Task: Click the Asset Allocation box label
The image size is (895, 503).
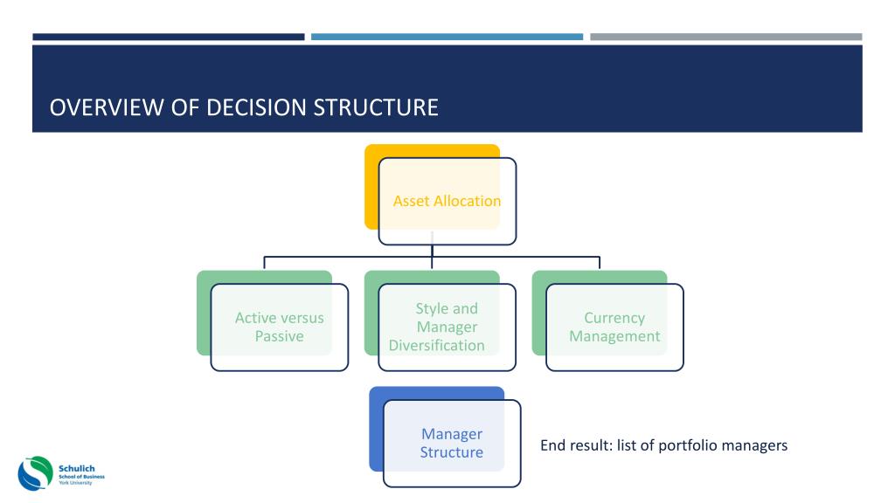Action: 447,201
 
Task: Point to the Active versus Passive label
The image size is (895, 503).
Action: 279,327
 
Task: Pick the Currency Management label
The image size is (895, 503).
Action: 614,327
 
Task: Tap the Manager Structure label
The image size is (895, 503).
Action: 451,443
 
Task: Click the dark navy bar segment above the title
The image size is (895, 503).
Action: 168,37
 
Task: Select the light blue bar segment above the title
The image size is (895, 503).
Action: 447,37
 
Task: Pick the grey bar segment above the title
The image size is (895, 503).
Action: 725,37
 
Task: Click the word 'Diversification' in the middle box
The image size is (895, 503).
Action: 437,345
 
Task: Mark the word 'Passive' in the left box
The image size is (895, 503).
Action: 279,336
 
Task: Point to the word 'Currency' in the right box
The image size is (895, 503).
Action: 614,318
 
